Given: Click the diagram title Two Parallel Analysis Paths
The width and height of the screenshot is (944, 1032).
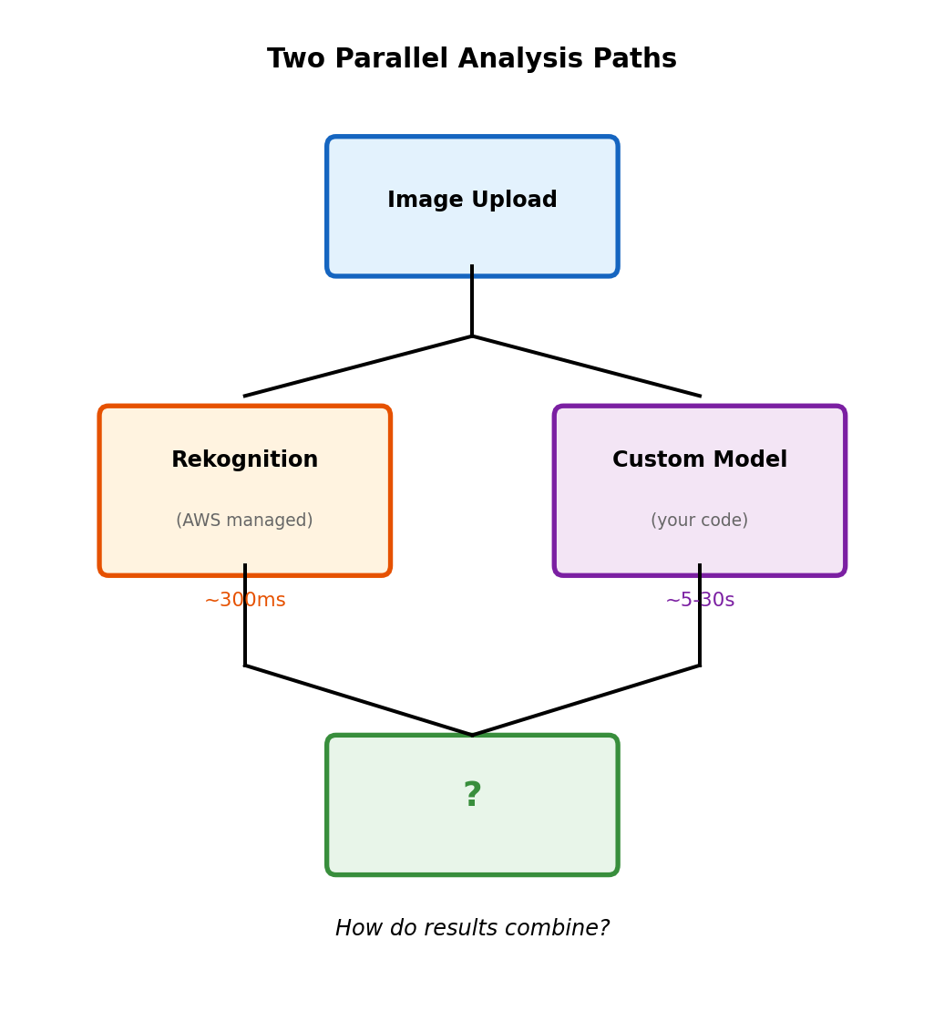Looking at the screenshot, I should [x=472, y=59].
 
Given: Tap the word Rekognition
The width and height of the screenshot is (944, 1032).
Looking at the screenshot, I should [x=244, y=460].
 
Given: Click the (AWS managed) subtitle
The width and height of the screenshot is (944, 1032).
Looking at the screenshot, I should [x=244, y=521].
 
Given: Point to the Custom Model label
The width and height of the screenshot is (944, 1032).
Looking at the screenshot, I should [x=700, y=460].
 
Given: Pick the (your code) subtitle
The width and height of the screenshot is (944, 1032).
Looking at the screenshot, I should [x=700, y=521].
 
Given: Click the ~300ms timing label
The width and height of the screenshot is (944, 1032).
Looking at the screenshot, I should [x=244, y=601].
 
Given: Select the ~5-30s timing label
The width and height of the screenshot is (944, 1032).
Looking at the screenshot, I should [x=700, y=601].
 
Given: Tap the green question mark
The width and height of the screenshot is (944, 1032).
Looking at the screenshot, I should [x=472, y=796].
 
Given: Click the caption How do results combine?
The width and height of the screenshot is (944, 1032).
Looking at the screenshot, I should [x=472, y=929].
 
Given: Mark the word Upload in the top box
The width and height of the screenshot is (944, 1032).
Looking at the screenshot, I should [x=516, y=201].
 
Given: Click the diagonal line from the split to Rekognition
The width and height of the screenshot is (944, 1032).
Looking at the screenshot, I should [x=358, y=366].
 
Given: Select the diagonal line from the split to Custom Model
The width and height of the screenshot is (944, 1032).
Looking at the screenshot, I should [x=586, y=366].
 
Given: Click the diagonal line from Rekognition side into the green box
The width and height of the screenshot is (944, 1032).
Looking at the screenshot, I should [x=358, y=700].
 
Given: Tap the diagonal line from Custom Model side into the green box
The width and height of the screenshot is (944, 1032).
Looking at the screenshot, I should [x=586, y=700].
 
